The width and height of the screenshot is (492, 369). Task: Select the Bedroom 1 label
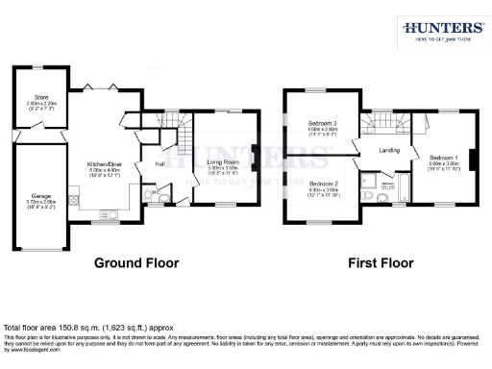(443, 158)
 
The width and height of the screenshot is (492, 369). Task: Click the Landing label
(389, 150)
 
